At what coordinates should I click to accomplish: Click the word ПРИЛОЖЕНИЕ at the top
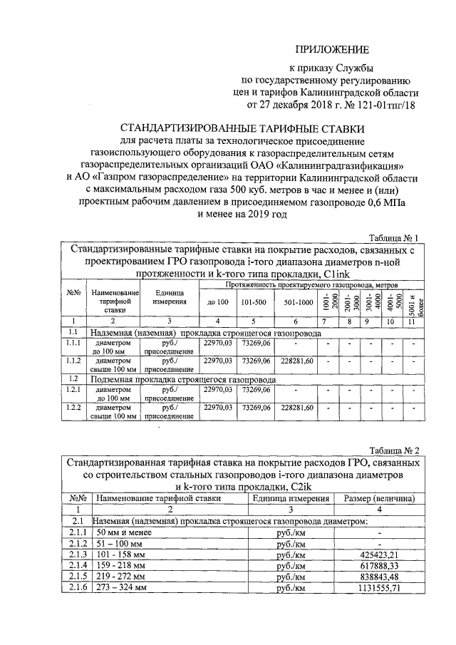pos(333,50)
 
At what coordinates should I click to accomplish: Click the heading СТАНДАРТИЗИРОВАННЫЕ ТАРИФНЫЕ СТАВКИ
pos(242,129)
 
